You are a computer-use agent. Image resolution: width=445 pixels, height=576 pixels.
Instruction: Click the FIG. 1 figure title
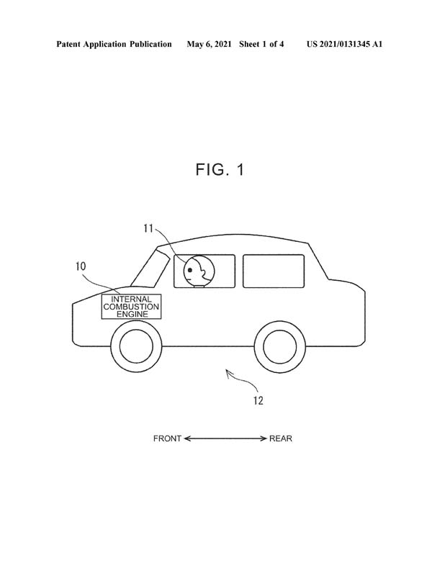click(x=220, y=170)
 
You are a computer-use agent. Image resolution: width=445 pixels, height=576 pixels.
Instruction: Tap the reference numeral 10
click(x=81, y=266)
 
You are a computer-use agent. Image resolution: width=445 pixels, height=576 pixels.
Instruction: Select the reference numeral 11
click(x=148, y=228)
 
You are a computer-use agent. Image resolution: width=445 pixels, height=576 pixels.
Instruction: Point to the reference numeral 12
click(x=259, y=400)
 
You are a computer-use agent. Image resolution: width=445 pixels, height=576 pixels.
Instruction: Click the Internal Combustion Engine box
click(x=131, y=307)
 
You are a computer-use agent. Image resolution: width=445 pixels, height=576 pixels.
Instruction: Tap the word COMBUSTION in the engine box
click(x=131, y=307)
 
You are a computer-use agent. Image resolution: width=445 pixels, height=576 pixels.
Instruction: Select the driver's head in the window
click(x=199, y=271)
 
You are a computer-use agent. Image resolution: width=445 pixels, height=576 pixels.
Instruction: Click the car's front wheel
click(x=136, y=347)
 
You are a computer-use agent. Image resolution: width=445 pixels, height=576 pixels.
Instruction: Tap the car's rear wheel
click(x=280, y=347)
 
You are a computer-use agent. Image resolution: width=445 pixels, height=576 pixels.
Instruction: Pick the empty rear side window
click(x=274, y=271)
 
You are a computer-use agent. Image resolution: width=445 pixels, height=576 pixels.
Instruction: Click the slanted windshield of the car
click(x=150, y=267)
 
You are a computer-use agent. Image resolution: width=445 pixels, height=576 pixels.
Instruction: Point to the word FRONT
click(x=167, y=438)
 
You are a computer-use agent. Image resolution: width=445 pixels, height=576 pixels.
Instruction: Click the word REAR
click(x=281, y=438)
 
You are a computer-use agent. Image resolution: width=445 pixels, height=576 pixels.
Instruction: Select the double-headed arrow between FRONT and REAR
click(x=225, y=438)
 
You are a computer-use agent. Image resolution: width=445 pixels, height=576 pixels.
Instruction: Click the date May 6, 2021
click(x=209, y=45)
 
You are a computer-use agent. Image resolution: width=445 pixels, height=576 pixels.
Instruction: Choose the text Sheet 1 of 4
click(x=261, y=45)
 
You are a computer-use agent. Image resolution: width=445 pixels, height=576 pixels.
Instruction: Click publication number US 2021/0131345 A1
click(x=344, y=45)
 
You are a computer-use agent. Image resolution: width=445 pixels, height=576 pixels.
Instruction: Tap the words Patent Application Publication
click(x=114, y=45)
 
